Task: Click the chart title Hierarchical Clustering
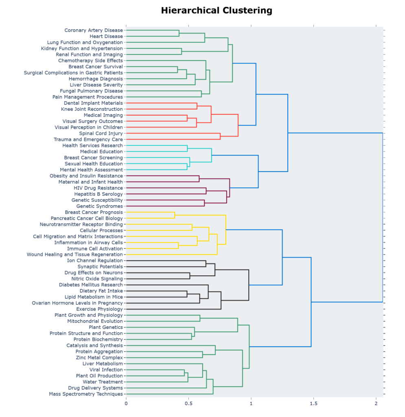tap(216, 11)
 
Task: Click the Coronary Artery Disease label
tap(93, 30)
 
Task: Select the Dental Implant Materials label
tap(93, 103)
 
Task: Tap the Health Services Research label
tap(92, 145)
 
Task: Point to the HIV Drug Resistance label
tap(98, 188)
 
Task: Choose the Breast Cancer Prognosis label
tap(94, 212)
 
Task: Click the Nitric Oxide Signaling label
tap(97, 279)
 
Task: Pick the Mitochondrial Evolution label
tap(95, 321)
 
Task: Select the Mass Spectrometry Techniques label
tap(85, 394)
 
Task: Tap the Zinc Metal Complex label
tap(99, 358)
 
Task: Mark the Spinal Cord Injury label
tap(101, 133)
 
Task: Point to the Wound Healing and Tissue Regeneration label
tap(74, 255)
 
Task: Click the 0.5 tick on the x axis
tap(188, 404)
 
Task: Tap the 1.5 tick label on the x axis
tap(313, 404)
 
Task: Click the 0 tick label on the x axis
tap(126, 404)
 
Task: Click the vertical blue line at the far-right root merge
tap(383, 217)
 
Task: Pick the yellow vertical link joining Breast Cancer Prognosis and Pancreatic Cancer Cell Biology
tap(175, 215)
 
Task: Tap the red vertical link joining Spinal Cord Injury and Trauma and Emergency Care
tap(220, 136)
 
